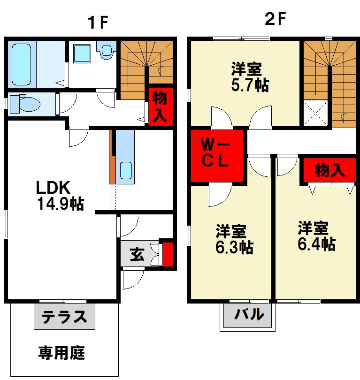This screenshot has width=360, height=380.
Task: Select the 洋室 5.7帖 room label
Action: pyautogui.click(x=249, y=77)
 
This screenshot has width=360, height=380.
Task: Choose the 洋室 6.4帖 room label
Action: pyautogui.click(x=316, y=236)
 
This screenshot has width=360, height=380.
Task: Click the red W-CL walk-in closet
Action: pyautogui.click(x=218, y=156)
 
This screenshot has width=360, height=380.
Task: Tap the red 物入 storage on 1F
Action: pyautogui.click(x=160, y=106)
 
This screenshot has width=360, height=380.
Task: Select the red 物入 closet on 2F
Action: pyautogui.click(x=329, y=170)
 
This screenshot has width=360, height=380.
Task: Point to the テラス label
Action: pyautogui.click(x=64, y=317)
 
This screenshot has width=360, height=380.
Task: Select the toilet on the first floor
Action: pyautogui.click(x=23, y=103)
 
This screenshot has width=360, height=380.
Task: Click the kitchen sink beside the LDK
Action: pyautogui.click(x=125, y=170)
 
